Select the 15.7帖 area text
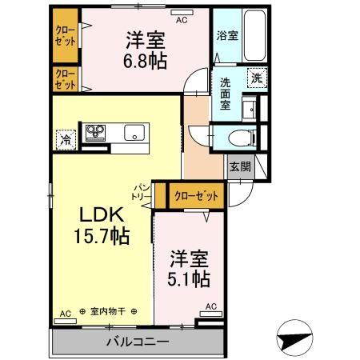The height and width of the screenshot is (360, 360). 102,237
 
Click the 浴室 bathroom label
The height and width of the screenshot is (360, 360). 226,36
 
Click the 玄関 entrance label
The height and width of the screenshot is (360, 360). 239,167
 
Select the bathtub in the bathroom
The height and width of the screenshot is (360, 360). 255,35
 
